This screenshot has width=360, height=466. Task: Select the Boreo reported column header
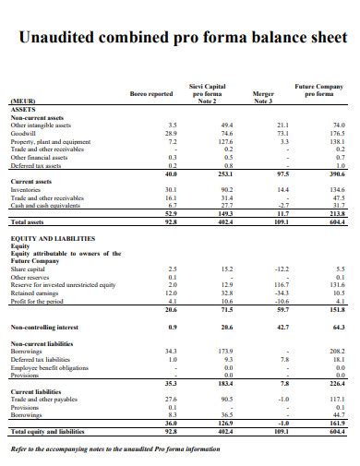click(151, 93)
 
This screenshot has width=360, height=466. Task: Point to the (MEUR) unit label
click(23, 101)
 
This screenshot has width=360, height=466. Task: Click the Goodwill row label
click(24, 133)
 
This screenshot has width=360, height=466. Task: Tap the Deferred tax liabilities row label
click(42, 360)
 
